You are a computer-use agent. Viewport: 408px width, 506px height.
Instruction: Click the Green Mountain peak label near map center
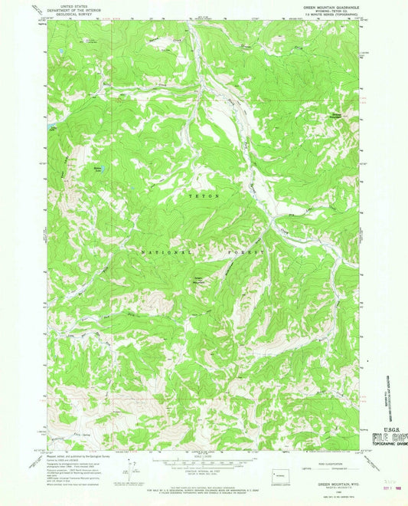[197, 281]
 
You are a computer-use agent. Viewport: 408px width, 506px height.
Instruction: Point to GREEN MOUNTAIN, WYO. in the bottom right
[331, 485]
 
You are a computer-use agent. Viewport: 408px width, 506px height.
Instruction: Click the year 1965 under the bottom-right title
[331, 491]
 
